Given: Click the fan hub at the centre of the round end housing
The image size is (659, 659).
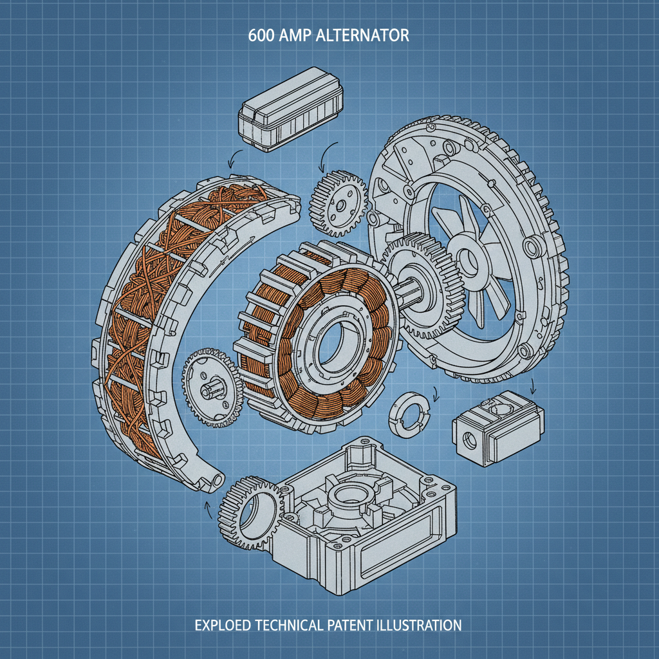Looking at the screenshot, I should [x=469, y=258].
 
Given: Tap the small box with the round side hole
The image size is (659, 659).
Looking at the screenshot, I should [x=497, y=426].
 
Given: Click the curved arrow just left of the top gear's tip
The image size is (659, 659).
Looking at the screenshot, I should [x=324, y=154].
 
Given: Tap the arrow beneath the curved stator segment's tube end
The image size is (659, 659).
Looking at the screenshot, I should [x=207, y=508].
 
